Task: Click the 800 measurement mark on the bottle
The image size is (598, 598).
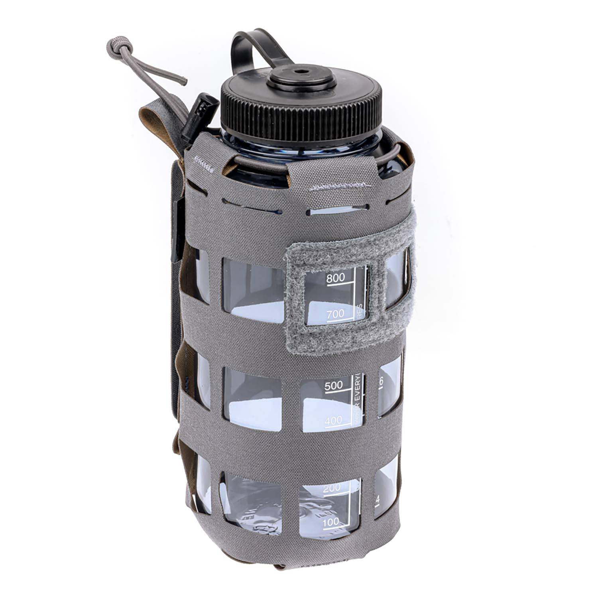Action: coord(335,278)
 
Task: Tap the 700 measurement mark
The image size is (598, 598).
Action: coord(335,314)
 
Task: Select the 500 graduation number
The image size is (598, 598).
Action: coord(334,386)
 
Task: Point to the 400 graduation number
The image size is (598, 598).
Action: coord(334,420)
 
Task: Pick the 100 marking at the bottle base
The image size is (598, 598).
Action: coord(330,521)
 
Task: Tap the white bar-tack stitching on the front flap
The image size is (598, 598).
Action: coord(339,186)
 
